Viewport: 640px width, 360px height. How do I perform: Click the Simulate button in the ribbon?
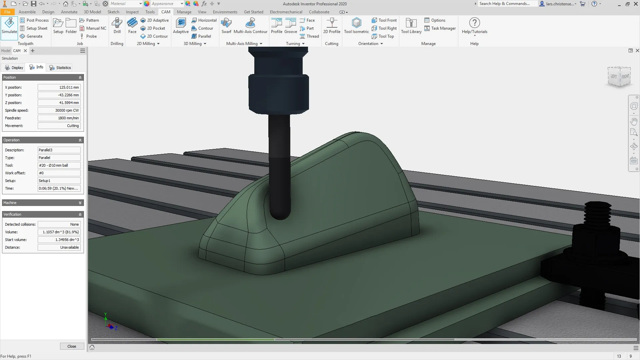[9, 27]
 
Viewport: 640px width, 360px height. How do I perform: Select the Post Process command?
[34, 20]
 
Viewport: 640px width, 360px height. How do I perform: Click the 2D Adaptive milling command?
[155, 20]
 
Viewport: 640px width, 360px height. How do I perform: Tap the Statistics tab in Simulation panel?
[60, 68]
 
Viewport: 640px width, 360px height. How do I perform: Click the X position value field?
[59, 87]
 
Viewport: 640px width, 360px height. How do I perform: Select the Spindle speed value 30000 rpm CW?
[59, 110]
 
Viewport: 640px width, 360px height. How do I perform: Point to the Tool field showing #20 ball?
[59, 165]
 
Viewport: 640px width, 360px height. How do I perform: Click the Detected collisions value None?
[59, 224]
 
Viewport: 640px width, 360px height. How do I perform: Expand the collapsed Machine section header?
[43, 203]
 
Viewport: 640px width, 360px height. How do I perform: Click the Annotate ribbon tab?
[69, 12]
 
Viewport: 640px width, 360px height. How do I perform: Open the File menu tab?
[7, 12]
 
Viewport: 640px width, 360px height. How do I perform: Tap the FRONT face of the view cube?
[625, 77]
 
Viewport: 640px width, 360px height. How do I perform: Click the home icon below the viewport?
[92, 347]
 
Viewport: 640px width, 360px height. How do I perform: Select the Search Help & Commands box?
[507, 4]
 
